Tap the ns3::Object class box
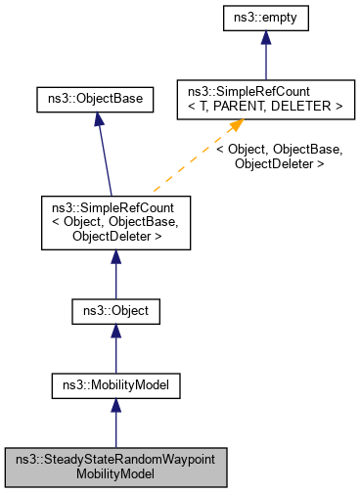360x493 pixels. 115,313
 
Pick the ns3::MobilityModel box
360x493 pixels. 115,385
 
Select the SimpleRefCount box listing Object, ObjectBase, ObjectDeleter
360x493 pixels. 115,222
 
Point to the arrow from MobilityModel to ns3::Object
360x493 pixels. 115,350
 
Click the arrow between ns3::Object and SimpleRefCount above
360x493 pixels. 115,274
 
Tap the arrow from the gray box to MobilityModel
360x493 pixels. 115,423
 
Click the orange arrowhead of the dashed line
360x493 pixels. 236,127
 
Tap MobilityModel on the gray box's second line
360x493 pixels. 115,473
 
